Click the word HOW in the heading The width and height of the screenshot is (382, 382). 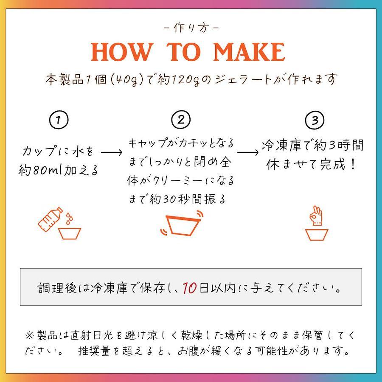[x=122, y=52]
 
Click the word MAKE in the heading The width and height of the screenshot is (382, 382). [x=249, y=52]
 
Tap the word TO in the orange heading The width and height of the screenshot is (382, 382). [x=184, y=52]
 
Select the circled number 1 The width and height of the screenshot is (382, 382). [x=59, y=120]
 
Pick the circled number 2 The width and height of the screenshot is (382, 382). [x=181, y=120]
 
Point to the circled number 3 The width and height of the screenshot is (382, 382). [x=315, y=120]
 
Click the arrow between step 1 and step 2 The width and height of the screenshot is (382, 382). [x=112, y=152]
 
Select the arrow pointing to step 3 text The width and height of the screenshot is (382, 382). [x=248, y=152]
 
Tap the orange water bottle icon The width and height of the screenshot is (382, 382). [x=50, y=219]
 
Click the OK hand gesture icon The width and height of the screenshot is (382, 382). [x=316, y=215]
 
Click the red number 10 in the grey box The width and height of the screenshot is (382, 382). [x=190, y=288]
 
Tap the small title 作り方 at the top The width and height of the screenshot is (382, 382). [x=191, y=28]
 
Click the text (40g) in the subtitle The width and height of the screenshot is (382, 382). [x=126, y=79]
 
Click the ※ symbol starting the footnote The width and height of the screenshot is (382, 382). [x=30, y=336]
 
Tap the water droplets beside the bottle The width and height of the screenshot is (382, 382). [x=69, y=218]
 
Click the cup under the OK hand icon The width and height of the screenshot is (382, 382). [x=317, y=235]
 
